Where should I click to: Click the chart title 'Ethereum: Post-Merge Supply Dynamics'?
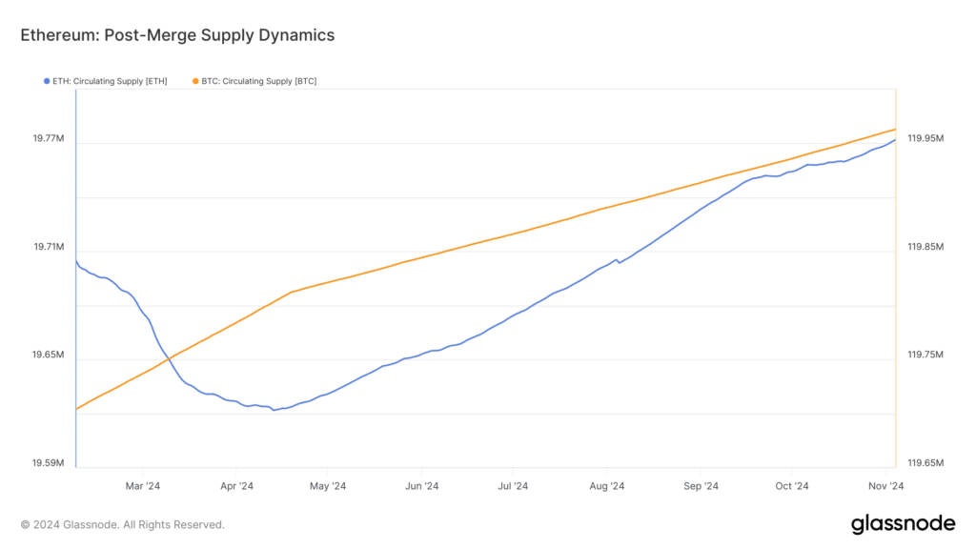(x=177, y=35)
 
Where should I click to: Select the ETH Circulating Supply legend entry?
(x=105, y=82)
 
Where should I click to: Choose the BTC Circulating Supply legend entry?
(x=254, y=82)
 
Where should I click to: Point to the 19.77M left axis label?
(x=49, y=138)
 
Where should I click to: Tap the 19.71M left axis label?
(x=49, y=247)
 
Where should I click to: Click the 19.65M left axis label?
(x=49, y=355)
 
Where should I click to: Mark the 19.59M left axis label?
(x=49, y=463)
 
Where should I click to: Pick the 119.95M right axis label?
(x=925, y=138)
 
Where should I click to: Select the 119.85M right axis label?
(x=925, y=247)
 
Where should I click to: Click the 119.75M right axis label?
(x=925, y=355)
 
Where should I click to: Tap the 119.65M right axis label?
(x=925, y=463)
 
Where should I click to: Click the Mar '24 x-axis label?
(x=143, y=486)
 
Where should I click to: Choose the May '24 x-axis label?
(x=328, y=486)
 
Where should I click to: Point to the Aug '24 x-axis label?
(x=607, y=486)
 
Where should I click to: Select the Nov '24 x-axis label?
(x=885, y=486)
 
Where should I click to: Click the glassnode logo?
(x=903, y=524)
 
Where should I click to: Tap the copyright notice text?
(x=123, y=525)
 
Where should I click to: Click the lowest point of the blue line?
(x=274, y=410)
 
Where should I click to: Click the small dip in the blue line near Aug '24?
(x=619, y=263)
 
